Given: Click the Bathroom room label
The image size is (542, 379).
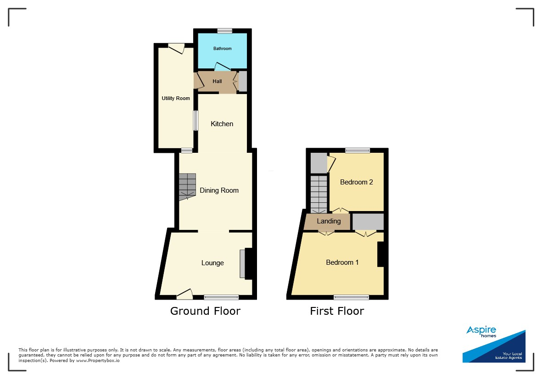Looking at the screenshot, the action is pyautogui.click(x=222, y=48).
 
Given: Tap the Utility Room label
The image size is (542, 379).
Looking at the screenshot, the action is pyautogui.click(x=176, y=99).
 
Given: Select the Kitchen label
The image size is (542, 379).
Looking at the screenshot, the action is pyautogui.click(x=222, y=124).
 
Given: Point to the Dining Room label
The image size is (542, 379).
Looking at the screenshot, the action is pyautogui.click(x=219, y=190).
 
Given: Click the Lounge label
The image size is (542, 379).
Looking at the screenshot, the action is pyautogui.click(x=212, y=263).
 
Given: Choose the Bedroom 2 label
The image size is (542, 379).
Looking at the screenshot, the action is pyautogui.click(x=357, y=182).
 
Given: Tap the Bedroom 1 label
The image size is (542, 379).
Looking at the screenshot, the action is pyautogui.click(x=342, y=262).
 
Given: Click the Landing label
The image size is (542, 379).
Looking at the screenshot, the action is pyautogui.click(x=329, y=221).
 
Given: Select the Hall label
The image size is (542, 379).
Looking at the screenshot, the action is pyautogui.click(x=217, y=81).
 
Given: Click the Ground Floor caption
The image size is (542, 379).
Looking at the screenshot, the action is pyautogui.click(x=205, y=311).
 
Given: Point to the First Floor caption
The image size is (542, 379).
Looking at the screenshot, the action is pyautogui.click(x=337, y=311).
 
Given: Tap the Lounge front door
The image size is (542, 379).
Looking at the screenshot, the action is pyautogui.click(x=185, y=294).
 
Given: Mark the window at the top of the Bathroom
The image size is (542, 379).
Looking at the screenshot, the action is pyautogui.click(x=225, y=31).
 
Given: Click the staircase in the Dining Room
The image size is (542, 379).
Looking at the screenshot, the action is pyautogui.click(x=187, y=187).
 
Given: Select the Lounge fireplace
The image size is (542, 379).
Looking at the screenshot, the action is pyautogui.click(x=248, y=264).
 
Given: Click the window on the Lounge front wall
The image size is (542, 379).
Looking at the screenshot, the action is pyautogui.click(x=221, y=297).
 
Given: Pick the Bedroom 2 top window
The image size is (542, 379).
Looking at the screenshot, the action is pyautogui.click(x=358, y=150).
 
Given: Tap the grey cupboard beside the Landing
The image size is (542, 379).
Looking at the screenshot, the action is pyautogui.click(x=368, y=222).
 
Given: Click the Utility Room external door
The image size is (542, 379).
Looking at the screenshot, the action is pyautogui.click(x=177, y=48).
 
